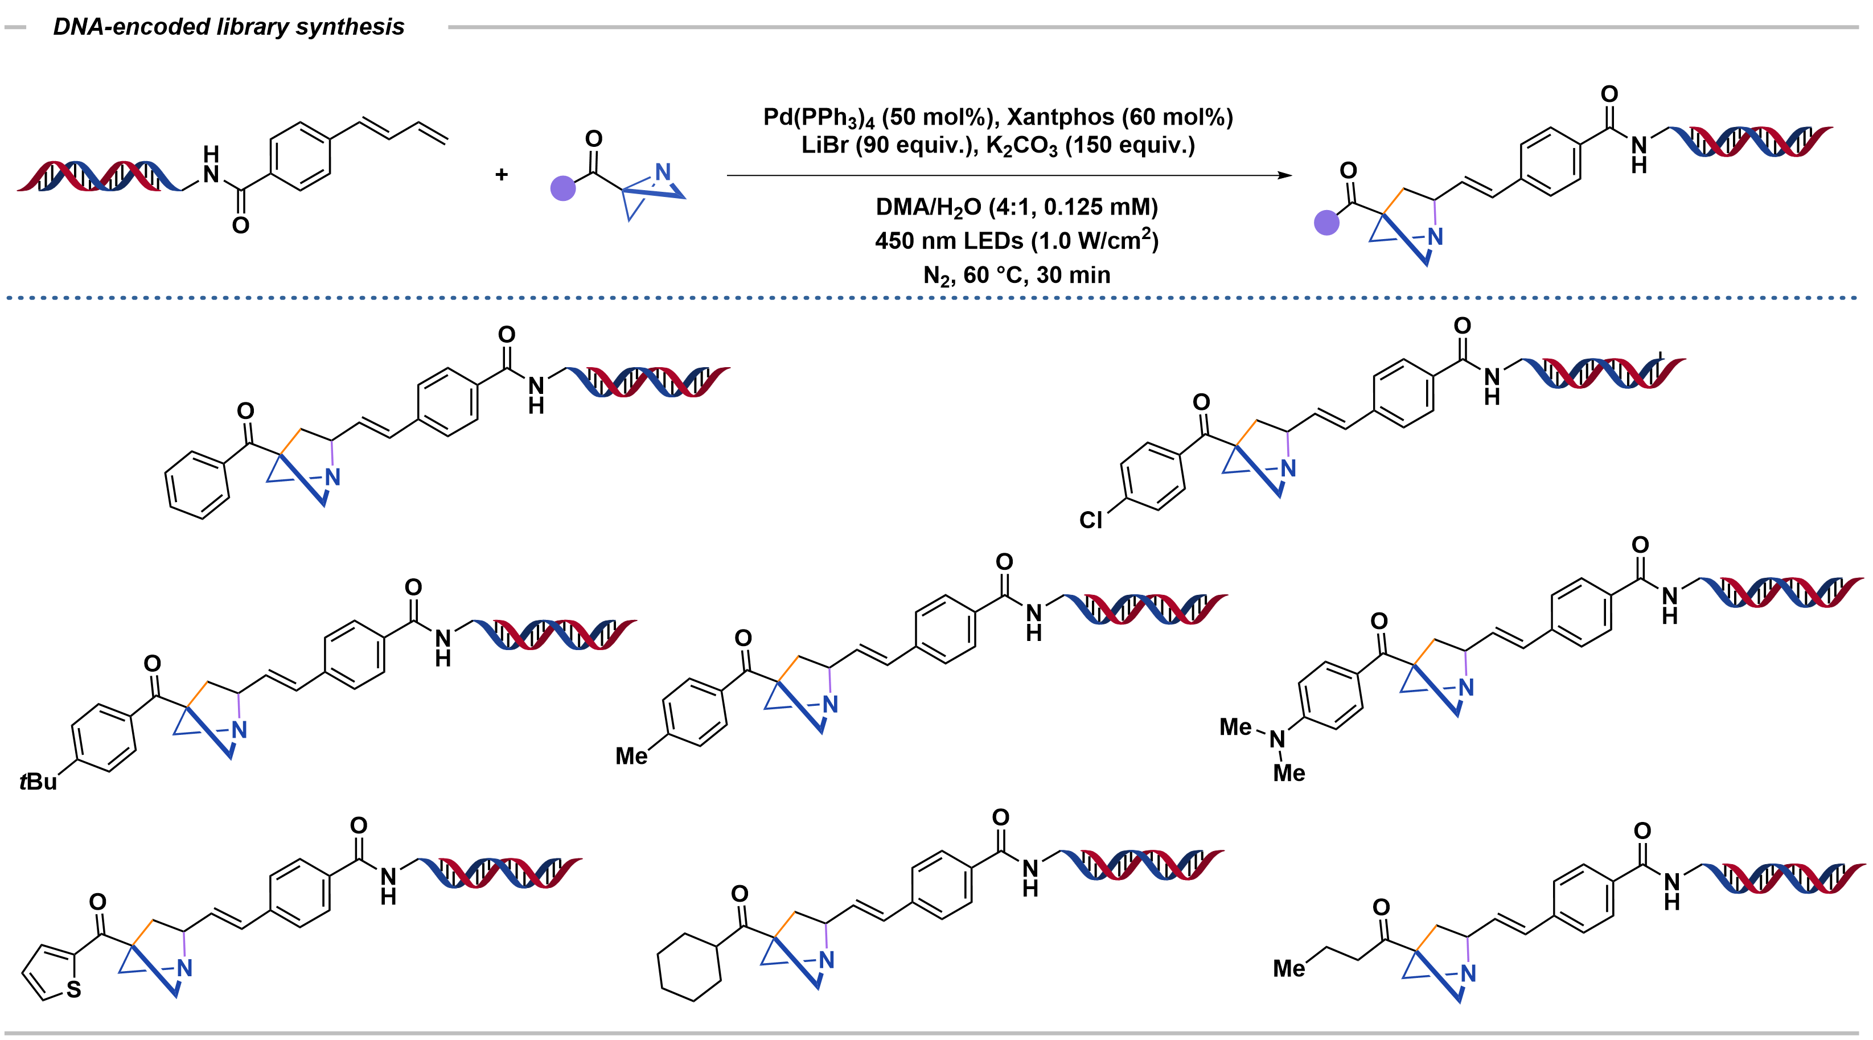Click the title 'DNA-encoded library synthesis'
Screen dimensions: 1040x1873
point(228,27)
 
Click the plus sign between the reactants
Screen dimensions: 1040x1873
point(501,174)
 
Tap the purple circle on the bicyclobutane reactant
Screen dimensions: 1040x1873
point(563,189)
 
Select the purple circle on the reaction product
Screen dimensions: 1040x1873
point(1327,223)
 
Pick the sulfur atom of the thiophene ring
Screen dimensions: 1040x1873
point(73,989)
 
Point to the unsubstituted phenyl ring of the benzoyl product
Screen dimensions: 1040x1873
point(197,485)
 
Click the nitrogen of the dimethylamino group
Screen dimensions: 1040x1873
point(1277,740)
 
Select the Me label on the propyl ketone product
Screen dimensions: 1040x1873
point(1288,969)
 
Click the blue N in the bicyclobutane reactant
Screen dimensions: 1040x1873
point(663,172)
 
